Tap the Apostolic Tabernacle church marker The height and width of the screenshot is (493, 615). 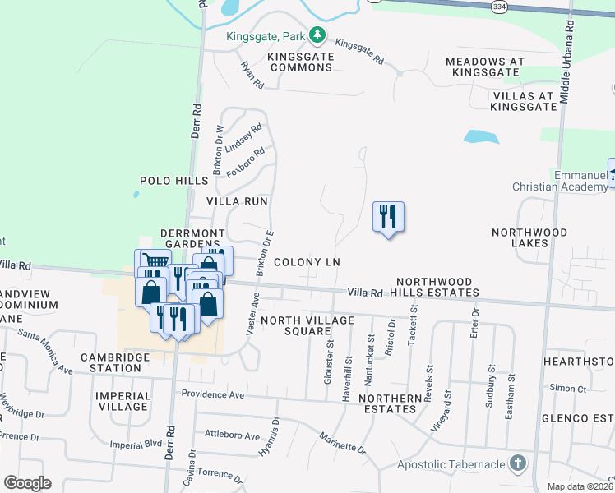click(517, 463)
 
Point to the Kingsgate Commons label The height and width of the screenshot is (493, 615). click(300, 62)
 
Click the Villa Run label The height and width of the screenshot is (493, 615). click(237, 200)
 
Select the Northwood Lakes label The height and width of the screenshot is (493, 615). click(530, 238)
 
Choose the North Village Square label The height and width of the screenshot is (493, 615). click(307, 326)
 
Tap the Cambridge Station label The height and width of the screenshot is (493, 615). click(115, 362)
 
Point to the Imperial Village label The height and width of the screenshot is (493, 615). click(123, 401)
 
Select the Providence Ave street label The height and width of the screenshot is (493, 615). click(214, 395)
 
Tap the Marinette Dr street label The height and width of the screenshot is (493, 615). click(342, 443)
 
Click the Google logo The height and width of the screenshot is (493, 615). click(27, 483)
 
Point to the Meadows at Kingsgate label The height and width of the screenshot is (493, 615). click(496, 62)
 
